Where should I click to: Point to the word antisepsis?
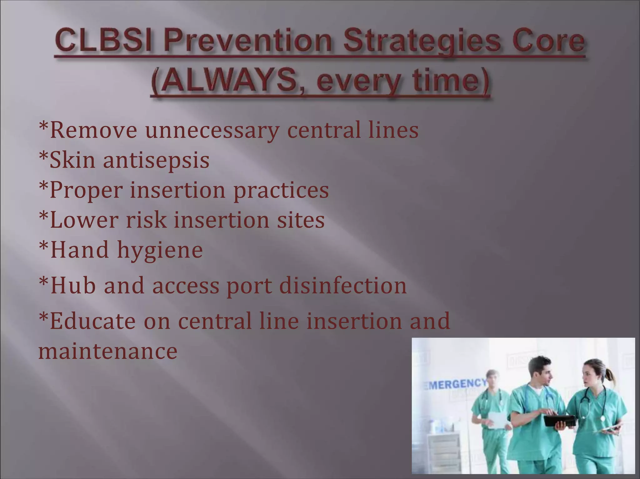[156, 160]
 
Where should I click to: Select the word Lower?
[84, 220]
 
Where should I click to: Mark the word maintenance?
[107, 351]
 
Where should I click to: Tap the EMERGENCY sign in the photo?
[455, 384]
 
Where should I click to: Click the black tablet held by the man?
[559, 421]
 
